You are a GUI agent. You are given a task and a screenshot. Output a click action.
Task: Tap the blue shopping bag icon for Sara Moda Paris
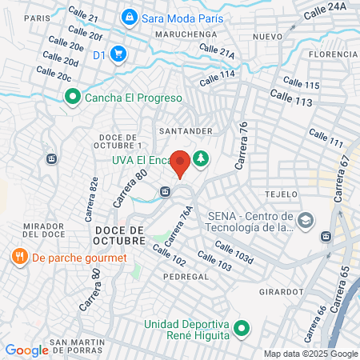coord(128,16)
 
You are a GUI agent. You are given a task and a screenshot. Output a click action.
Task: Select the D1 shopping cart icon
coord(118,54)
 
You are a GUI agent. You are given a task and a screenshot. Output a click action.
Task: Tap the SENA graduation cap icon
coord(305,219)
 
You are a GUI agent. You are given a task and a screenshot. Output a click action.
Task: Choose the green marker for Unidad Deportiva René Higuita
coord(244,327)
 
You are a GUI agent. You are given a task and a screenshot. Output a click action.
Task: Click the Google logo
coord(26,350)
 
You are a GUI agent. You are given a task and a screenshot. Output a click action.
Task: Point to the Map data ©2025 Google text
coord(311,354)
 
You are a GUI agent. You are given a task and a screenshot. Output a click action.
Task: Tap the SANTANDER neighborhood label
coord(185,130)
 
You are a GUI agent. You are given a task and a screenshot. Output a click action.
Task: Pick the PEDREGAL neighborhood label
coord(186,276)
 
